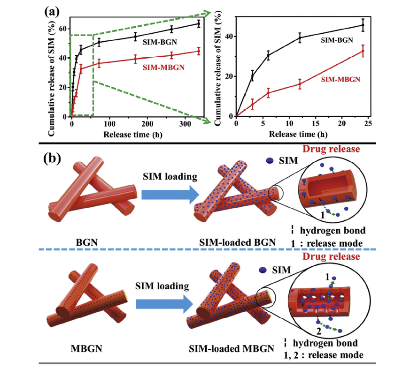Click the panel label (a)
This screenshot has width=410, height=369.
point(52,12)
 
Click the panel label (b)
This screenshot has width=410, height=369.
point(52,158)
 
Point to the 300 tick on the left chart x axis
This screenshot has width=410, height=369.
point(185,124)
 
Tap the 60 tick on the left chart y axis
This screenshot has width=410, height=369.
point(62,29)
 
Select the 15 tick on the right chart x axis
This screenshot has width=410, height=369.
point(316,123)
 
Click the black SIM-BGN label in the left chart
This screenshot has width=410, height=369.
point(160,42)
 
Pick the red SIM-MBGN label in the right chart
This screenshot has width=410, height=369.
point(340,79)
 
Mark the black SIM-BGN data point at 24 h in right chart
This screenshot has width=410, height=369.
point(363,25)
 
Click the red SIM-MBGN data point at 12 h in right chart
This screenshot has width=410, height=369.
point(300,84)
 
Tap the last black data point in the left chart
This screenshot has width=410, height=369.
point(199,24)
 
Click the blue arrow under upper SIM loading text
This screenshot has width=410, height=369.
point(170,195)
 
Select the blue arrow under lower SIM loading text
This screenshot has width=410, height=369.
point(164,304)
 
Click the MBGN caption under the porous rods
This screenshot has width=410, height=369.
point(86,349)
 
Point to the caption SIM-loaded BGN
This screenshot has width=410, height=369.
point(238,242)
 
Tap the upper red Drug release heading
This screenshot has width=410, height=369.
point(331,149)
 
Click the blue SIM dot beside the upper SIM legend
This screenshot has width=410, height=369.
point(270,160)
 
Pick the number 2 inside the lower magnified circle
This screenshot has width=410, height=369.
point(319,331)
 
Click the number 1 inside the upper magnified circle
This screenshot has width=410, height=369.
point(322,215)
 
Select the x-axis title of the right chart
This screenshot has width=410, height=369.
point(298,134)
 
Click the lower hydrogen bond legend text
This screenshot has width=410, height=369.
point(325,343)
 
